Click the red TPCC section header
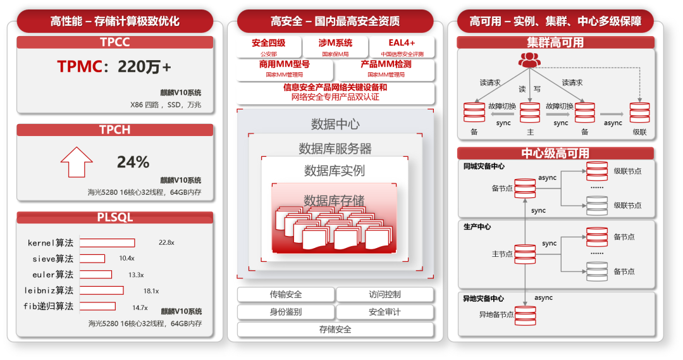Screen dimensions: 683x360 coord(114,42)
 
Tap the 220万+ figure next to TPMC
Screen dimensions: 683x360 coord(144,66)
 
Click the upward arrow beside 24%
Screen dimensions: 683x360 coord(77,162)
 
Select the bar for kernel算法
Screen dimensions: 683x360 coord(107,243)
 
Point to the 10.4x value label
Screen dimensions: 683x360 coord(126,259)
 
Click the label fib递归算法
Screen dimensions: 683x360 coord(49,307)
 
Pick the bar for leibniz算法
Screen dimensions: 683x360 coord(101,290)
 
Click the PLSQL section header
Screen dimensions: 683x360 coord(114,218)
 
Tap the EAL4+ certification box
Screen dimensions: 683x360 coord(402,47)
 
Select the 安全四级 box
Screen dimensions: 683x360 coord(269,47)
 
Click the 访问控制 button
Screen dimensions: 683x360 coord(385,294)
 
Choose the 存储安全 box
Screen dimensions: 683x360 coord(335,330)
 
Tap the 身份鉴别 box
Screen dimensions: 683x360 coord(286,312)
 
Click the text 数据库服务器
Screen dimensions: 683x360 coord(335,149)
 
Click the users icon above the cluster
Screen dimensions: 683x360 coord(529,60)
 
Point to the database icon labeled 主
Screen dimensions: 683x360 coord(529,113)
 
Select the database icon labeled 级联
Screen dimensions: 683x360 coord(639,113)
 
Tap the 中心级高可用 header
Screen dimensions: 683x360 coord(555,153)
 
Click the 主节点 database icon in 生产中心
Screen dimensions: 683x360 coord(525,254)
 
